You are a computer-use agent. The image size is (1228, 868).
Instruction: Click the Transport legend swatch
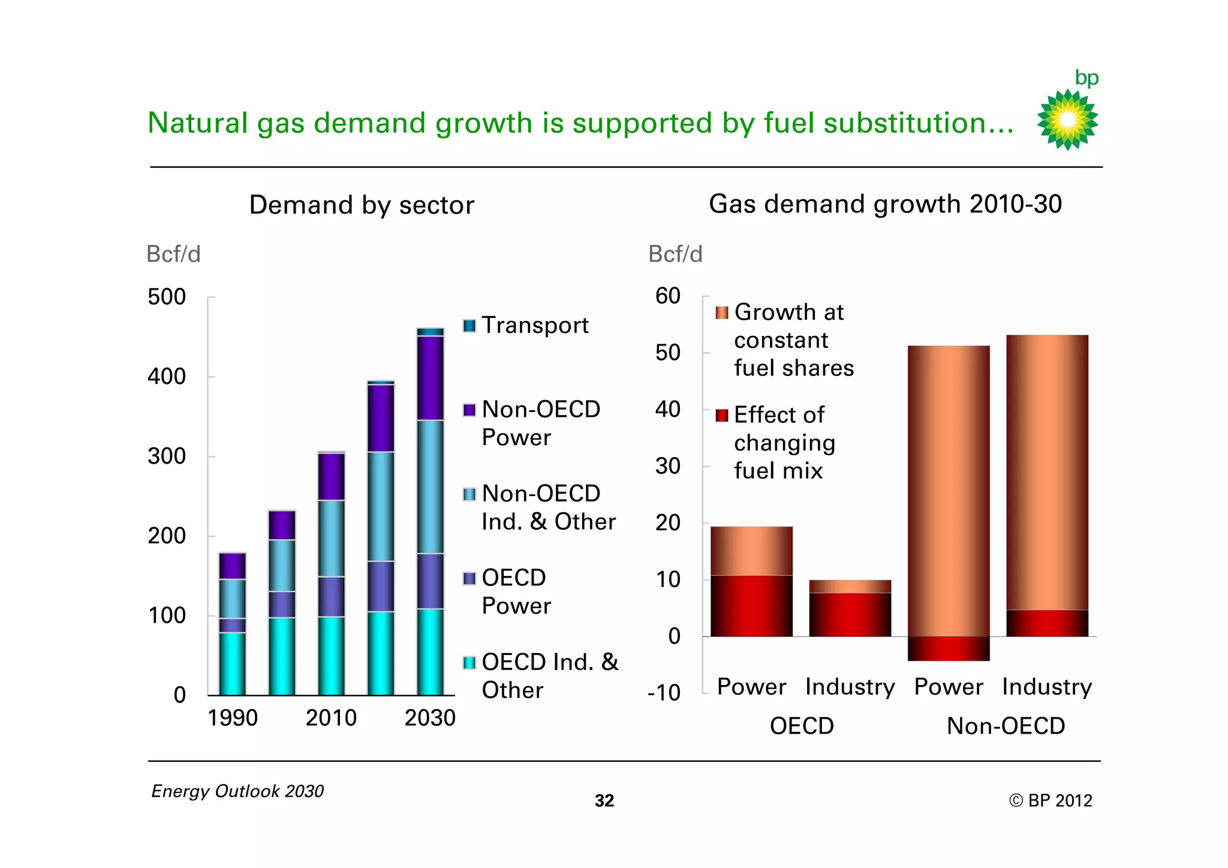pyautogui.click(x=469, y=326)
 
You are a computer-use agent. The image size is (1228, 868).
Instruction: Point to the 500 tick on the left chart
pyautogui.click(x=167, y=298)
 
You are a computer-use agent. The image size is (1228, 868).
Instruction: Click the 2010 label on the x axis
pyautogui.click(x=331, y=718)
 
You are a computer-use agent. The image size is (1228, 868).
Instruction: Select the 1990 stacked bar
pyautogui.click(x=232, y=624)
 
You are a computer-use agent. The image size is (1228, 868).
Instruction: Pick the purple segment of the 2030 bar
pyautogui.click(x=431, y=378)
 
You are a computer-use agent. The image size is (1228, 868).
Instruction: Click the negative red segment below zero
pyautogui.click(x=948, y=648)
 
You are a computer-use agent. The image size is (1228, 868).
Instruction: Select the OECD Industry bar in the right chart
pyautogui.click(x=850, y=608)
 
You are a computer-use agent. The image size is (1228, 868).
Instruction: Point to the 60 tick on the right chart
pyautogui.click(x=668, y=296)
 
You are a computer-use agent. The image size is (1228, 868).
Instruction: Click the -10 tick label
pyautogui.click(x=664, y=693)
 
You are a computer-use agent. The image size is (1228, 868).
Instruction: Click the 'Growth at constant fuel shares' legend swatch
pyautogui.click(x=722, y=313)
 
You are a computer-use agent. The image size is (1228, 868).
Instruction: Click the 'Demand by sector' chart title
pyautogui.click(x=362, y=205)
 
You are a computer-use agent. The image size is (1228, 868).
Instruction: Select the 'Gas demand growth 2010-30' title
pyautogui.click(x=885, y=204)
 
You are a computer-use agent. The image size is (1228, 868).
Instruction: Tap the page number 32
pyautogui.click(x=604, y=801)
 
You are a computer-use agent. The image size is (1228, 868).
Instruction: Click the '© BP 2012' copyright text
pyautogui.click(x=1051, y=801)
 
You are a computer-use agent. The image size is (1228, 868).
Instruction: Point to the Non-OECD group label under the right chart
pyautogui.click(x=1006, y=726)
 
